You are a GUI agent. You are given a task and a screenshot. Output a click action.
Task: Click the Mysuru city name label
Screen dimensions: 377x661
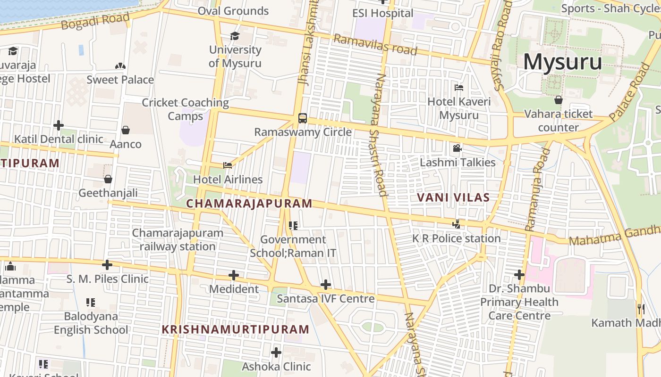pos(562,62)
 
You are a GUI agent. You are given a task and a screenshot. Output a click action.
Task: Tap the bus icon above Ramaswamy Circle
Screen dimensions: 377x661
pos(303,118)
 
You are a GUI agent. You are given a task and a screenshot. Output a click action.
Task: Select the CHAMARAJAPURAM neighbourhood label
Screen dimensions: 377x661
pos(249,204)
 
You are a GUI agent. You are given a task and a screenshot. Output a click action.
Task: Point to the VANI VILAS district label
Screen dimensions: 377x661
pos(453,197)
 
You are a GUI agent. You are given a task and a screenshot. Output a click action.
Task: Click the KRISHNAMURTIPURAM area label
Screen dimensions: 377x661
pos(236,329)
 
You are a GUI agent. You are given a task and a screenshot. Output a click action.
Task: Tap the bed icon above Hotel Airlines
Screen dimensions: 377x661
pos(228,165)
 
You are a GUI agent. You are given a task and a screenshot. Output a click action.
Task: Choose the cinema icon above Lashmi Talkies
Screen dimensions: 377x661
pos(457,148)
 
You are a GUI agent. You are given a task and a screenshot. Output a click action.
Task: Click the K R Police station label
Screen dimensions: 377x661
pos(456,238)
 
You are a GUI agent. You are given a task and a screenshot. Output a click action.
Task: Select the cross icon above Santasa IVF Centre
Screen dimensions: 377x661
pos(325,285)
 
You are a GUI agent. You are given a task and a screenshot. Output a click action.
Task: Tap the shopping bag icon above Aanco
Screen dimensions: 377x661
pos(126,130)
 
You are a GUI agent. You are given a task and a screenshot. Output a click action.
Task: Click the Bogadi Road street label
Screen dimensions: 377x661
pos(95,22)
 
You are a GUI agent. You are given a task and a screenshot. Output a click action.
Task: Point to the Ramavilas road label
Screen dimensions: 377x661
pos(375,45)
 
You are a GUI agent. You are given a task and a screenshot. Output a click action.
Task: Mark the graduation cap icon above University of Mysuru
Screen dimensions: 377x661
pos(235,36)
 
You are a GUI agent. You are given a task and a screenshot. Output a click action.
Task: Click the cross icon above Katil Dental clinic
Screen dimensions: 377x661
pos(59,125)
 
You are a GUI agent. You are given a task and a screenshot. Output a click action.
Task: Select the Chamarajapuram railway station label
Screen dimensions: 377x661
pos(178,239)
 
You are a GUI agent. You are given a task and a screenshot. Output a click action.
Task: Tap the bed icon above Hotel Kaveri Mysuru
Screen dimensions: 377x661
pos(458,88)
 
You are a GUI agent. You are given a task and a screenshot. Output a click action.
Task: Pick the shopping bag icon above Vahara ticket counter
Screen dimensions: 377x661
pos(559,100)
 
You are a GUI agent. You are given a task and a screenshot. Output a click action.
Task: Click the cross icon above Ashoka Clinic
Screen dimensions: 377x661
pos(276,352)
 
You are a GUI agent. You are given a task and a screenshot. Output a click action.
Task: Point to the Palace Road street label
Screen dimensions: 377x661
pos(630,91)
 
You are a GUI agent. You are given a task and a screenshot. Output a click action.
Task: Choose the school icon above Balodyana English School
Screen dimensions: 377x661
pos(91,302)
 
